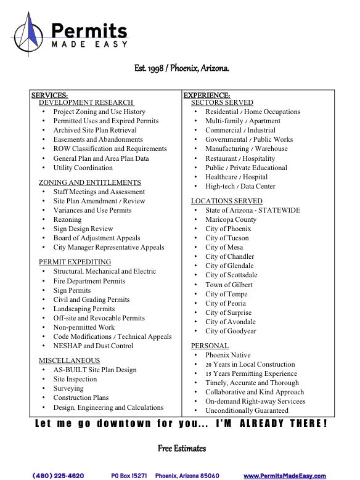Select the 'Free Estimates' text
[x=182, y=448]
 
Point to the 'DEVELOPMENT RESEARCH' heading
[x=86, y=102]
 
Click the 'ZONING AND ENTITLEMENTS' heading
[x=90, y=182]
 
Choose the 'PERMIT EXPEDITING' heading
[x=75, y=262]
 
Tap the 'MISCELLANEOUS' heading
[x=69, y=360]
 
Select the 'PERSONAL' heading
[x=210, y=346]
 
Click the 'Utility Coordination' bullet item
[x=83, y=168]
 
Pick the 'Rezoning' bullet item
[x=67, y=219]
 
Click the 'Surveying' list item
[x=68, y=388]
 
